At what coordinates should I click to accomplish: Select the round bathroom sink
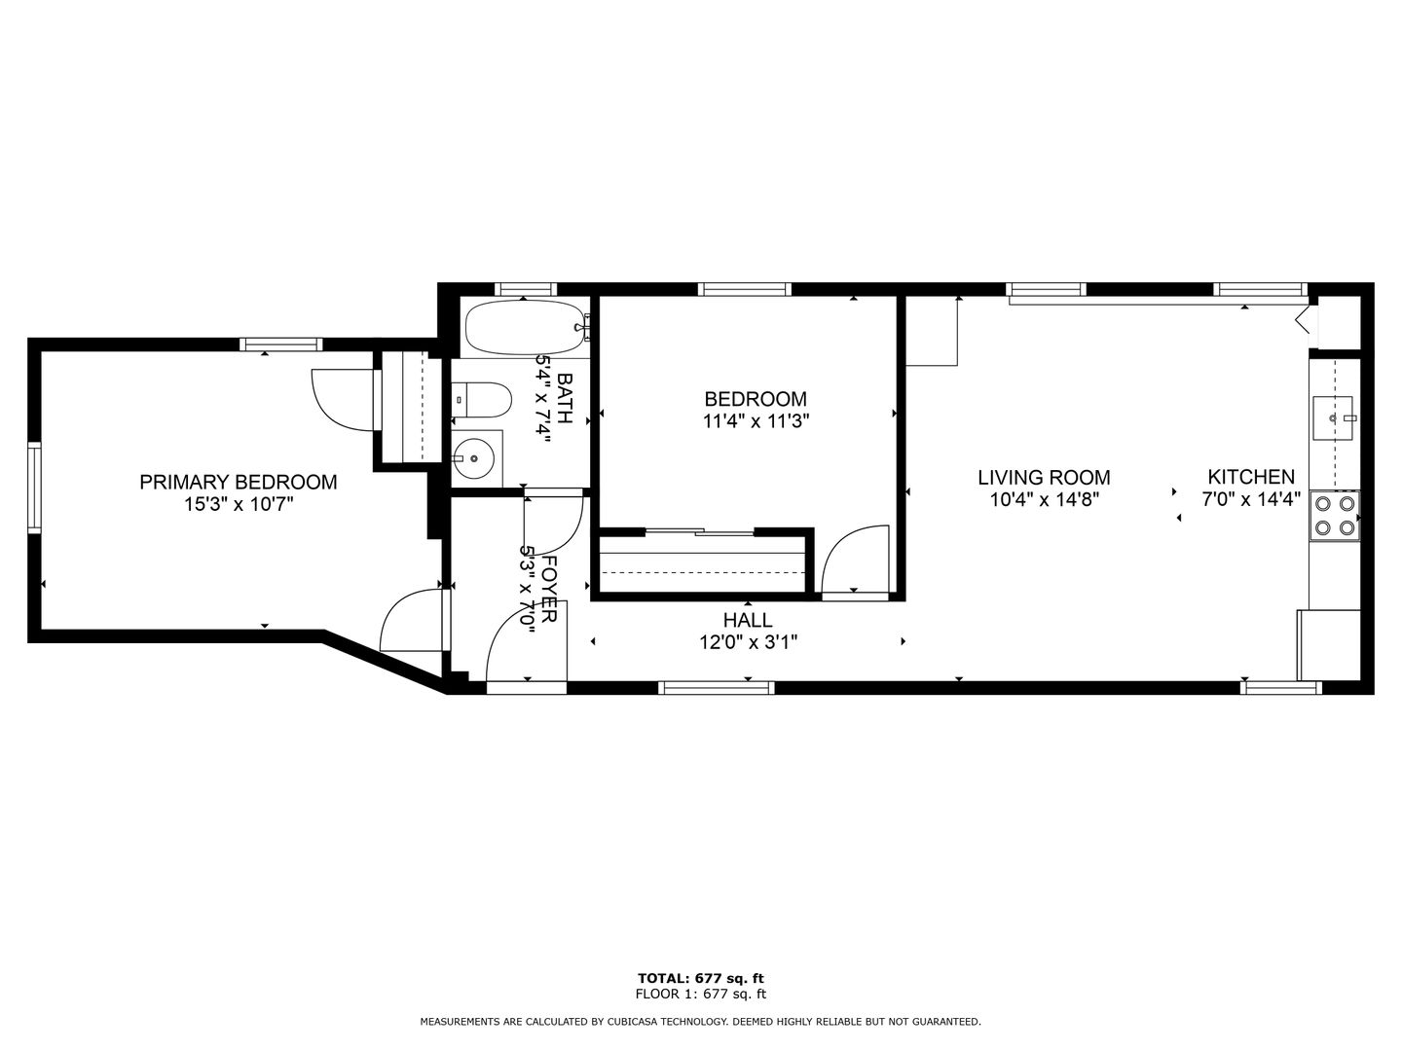coord(473,458)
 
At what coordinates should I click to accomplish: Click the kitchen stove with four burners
coord(1334,516)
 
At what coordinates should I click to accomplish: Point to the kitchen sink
coord(1332,418)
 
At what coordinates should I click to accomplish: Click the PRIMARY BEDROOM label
coord(239,482)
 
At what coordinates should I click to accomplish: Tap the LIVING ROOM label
coord(1045,477)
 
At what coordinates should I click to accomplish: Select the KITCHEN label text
coord(1251,477)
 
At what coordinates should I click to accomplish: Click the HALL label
coord(748,620)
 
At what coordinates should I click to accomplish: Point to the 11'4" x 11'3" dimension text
coord(756,421)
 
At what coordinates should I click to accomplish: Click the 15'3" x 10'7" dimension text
coord(239,505)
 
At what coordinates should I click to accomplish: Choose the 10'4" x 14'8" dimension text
coord(1045,499)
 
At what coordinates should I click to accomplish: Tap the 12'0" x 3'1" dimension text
coord(749,642)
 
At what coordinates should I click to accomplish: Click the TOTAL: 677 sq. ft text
coord(701,978)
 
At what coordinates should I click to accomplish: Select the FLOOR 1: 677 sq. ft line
coord(701,994)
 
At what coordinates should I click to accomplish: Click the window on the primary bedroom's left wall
coord(34,488)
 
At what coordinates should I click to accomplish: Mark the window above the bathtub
coord(526,289)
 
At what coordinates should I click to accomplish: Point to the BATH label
coord(565,399)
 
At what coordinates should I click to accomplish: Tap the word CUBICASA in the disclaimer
coord(634,1022)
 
